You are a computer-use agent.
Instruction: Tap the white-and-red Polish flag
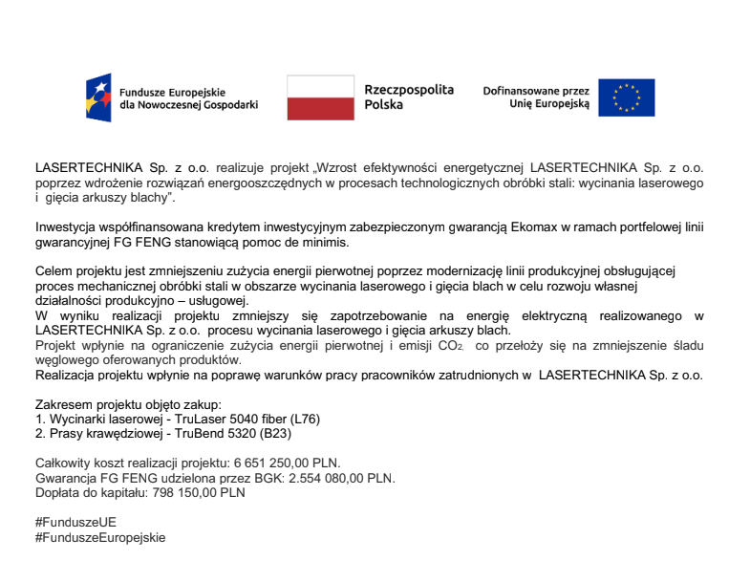click(320, 97)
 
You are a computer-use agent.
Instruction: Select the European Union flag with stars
click(626, 97)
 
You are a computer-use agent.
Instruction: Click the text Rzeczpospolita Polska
click(409, 97)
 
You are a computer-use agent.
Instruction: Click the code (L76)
click(307, 419)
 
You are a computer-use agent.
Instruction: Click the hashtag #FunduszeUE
click(75, 524)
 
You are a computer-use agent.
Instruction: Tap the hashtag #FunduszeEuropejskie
click(100, 538)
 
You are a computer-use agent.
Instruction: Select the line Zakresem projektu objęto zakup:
click(128, 405)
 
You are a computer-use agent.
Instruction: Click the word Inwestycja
click(66, 228)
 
